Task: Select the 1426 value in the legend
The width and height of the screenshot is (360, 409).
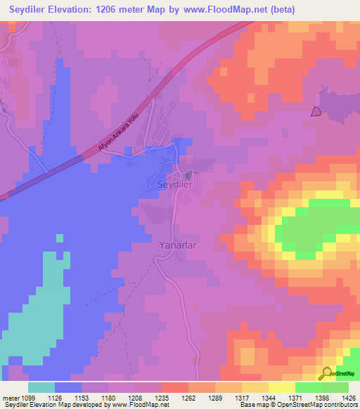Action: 347,397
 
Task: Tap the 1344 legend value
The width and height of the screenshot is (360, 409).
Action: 260,397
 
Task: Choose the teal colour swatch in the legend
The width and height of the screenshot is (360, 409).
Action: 41,387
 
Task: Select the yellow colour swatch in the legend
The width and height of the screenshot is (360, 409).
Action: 282,387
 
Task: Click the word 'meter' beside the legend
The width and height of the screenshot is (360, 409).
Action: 11,397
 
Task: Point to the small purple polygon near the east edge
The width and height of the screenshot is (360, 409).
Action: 316,110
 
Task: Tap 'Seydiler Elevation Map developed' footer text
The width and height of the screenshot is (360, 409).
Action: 42,405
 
